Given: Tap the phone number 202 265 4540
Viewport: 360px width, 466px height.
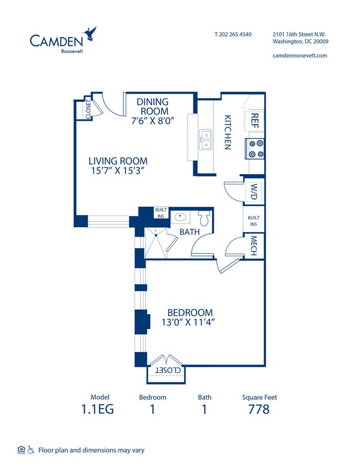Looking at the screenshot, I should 233,34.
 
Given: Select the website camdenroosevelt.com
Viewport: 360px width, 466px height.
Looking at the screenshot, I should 300,55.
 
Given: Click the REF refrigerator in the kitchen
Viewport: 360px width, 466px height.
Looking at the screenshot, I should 255,121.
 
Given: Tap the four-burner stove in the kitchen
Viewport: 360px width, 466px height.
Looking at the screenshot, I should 256,147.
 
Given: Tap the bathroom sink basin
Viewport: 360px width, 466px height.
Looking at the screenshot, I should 180,217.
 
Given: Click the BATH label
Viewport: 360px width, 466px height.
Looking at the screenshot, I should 189,232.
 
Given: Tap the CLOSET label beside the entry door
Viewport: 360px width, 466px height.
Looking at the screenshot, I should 88,109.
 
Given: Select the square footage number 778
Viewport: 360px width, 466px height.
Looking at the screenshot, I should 259,409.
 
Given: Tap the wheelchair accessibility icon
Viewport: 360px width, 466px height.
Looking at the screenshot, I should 31,449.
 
